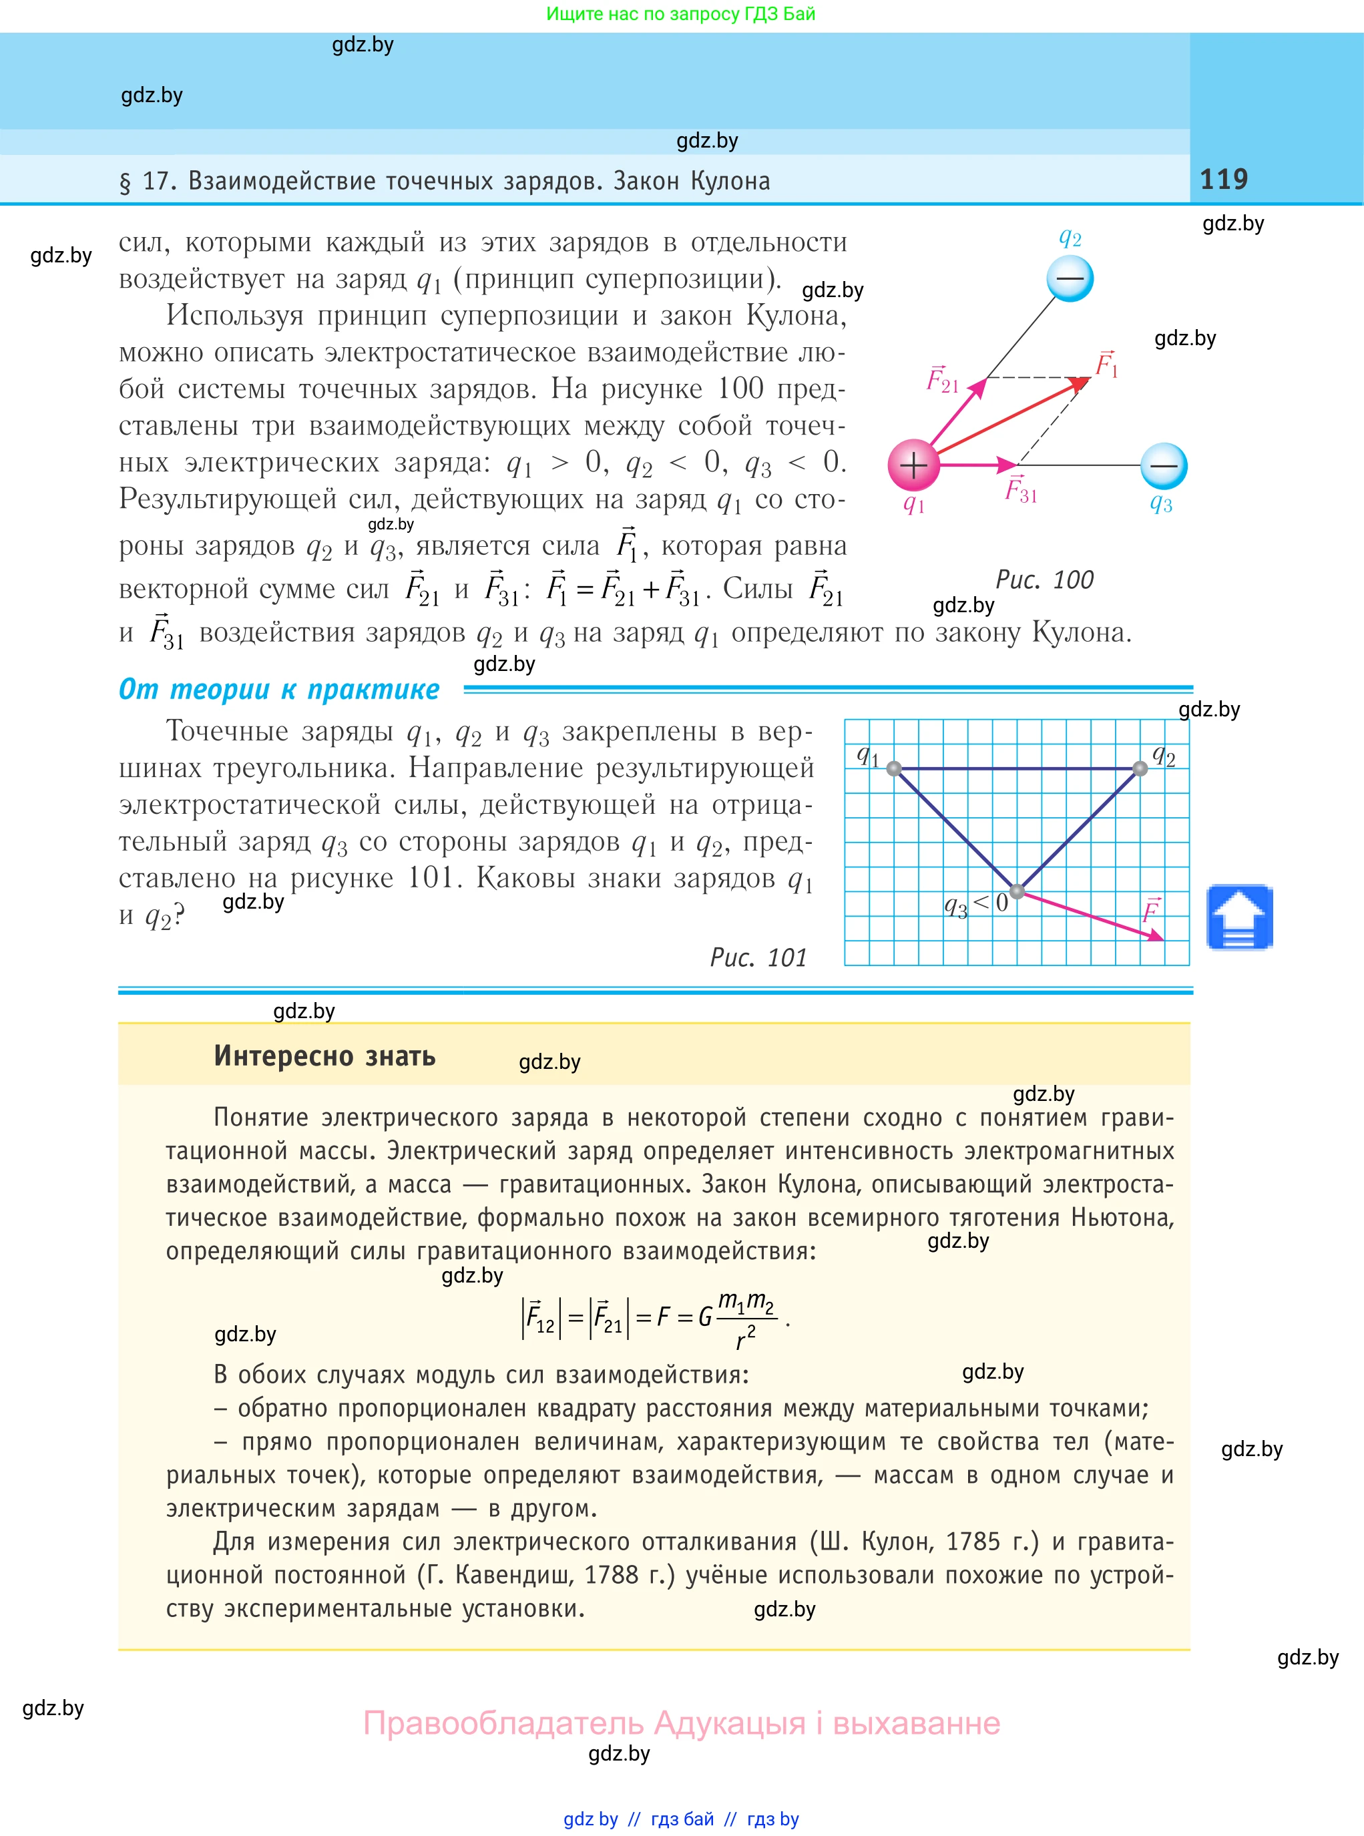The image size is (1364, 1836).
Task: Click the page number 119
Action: (x=1224, y=179)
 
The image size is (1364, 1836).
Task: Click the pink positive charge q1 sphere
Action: (x=913, y=465)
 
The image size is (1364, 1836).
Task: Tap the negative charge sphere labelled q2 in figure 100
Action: (x=1070, y=278)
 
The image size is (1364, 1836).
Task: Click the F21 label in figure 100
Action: (x=942, y=379)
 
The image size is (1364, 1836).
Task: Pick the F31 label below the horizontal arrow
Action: (x=1021, y=490)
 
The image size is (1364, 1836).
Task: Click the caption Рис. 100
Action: (x=1044, y=580)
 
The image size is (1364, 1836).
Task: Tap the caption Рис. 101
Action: (x=758, y=957)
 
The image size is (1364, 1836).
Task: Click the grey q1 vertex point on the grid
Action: (x=894, y=768)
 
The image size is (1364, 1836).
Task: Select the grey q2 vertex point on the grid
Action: (x=1140, y=768)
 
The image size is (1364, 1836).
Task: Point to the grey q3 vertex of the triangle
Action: (x=1017, y=891)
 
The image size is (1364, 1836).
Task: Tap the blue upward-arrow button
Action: (x=1238, y=917)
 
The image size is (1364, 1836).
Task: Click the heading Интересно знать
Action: (x=324, y=1056)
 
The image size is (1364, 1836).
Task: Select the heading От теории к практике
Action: (x=279, y=689)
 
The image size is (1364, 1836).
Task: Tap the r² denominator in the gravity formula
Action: (x=746, y=1337)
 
